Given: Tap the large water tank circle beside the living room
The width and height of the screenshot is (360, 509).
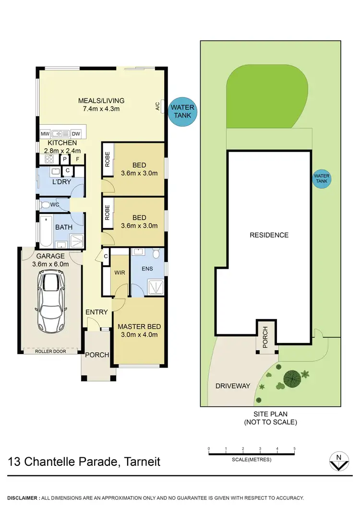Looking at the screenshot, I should click(182, 112).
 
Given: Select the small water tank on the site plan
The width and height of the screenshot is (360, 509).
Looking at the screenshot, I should click(321, 179).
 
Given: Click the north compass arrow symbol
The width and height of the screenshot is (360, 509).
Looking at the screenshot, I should click(338, 461).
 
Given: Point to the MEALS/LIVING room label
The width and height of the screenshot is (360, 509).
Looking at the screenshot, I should click(101, 101).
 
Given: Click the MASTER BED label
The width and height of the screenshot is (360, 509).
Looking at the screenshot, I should click(139, 327).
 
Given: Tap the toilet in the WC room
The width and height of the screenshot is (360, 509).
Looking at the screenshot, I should click(46, 205).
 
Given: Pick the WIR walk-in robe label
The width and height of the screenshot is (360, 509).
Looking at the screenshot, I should click(119, 273).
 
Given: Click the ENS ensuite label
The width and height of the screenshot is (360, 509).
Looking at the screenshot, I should click(147, 269).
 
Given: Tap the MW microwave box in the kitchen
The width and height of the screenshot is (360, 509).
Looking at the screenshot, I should click(45, 134).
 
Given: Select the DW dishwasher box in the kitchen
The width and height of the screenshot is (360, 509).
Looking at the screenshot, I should click(76, 134).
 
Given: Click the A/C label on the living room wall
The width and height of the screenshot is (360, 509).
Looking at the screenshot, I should click(157, 107).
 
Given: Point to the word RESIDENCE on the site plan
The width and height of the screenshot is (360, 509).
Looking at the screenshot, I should click(269, 235).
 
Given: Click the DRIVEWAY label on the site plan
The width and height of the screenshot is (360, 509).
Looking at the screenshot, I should click(233, 386).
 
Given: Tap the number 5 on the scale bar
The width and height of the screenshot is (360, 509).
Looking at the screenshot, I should click(294, 449).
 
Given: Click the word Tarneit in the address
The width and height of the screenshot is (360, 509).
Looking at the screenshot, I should click(142, 462).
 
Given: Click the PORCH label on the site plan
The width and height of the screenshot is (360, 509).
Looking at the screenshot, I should click(264, 337).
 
